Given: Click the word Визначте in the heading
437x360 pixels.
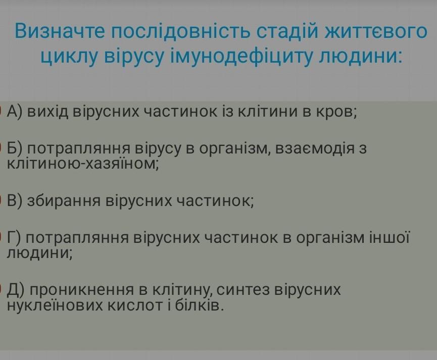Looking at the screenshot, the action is coord(60,31).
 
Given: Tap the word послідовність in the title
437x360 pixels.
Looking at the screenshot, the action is coord(180,31).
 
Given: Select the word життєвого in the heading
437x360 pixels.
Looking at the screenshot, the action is coord(376,31).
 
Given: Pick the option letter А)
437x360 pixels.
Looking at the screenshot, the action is coord(14,111).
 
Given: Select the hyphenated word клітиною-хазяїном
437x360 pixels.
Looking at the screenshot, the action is coord(82,164).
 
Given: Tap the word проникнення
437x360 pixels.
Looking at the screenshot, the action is coord(82,290).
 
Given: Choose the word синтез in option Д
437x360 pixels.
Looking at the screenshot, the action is coord(244,289).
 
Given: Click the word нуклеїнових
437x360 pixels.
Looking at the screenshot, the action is coord(55,305).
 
